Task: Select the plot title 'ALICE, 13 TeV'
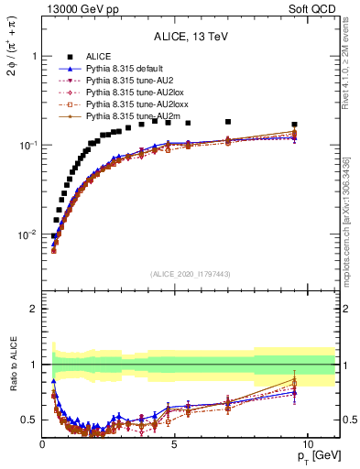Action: click(191, 37)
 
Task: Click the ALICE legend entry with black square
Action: click(100, 57)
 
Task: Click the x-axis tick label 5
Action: click(174, 443)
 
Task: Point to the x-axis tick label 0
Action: click(42, 443)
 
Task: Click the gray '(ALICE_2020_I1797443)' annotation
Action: click(191, 274)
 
